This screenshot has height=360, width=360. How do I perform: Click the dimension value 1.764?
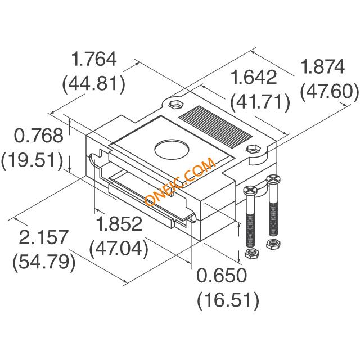click(94, 59)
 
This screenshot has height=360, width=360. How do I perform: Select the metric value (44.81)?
click(94, 84)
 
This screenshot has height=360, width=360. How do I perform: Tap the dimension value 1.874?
click(322, 66)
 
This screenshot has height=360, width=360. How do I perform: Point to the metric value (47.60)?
click(329, 92)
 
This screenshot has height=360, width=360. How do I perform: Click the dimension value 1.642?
click(254, 77)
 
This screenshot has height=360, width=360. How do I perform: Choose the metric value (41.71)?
click(260, 102)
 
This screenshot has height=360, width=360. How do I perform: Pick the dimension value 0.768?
click(39, 136)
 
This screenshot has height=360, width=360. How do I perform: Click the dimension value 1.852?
click(119, 224)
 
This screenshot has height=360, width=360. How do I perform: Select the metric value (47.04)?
click(119, 249)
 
